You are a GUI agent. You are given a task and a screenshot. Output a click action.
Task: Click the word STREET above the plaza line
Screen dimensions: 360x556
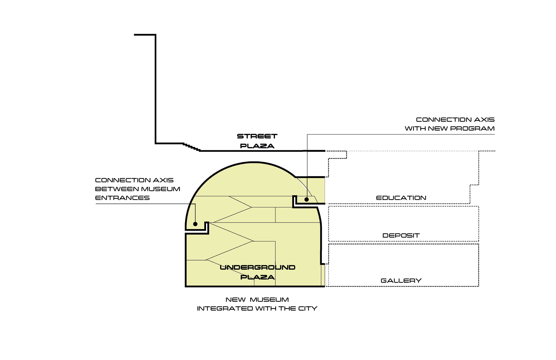click(257, 136)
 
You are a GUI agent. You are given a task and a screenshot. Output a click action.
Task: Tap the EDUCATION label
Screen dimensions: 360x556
click(401, 198)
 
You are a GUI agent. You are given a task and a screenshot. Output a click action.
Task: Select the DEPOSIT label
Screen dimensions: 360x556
click(401, 236)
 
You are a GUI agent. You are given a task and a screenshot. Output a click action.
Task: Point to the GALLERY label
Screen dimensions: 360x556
click(401, 281)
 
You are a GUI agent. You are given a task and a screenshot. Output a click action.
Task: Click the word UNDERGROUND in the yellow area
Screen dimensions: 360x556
click(257, 267)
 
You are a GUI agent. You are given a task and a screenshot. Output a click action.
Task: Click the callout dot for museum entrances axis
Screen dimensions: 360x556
click(195, 224)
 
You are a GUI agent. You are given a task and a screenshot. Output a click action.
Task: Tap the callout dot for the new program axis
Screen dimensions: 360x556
click(307, 199)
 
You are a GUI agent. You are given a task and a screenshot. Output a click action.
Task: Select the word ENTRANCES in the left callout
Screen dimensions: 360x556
click(122, 198)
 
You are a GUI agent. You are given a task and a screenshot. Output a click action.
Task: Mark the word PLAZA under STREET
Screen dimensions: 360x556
click(257, 146)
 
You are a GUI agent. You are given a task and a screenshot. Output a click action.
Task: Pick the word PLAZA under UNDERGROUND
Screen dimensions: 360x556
click(257, 277)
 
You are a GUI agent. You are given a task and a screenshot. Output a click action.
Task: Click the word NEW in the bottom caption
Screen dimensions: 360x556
click(235, 300)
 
